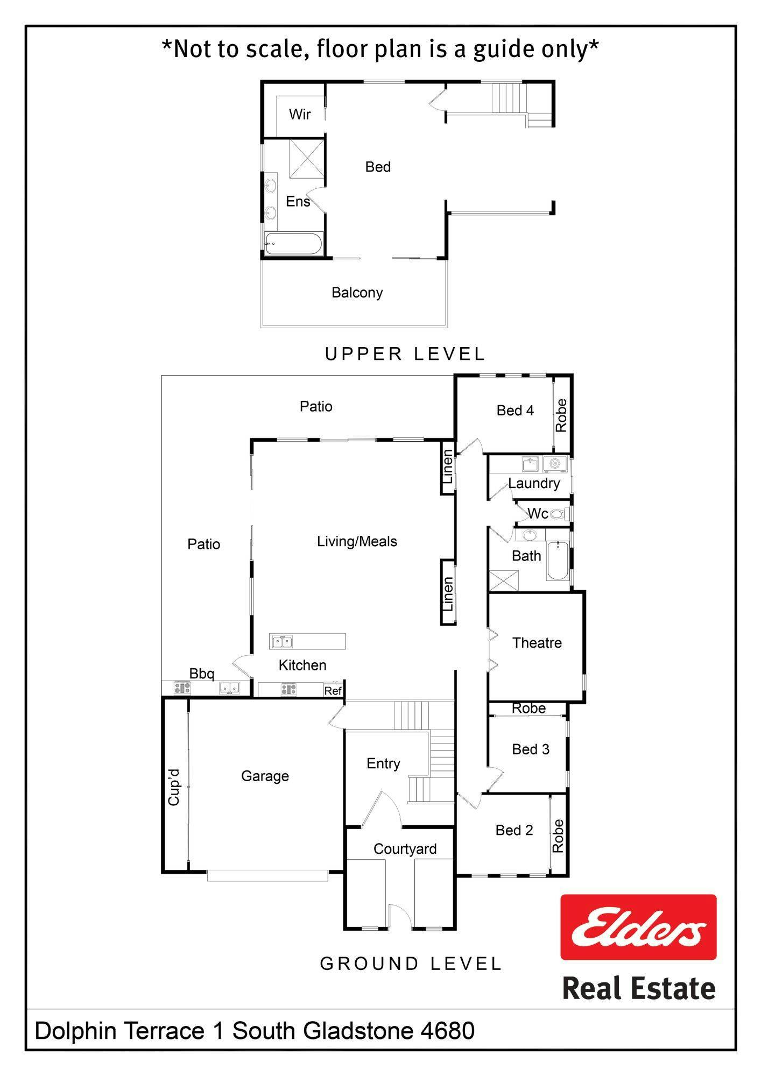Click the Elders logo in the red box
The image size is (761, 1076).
point(638,926)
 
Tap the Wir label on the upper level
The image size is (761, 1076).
point(300,114)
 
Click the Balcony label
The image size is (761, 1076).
point(357,293)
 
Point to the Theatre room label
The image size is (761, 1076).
point(537,642)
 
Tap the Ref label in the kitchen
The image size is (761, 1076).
point(333,691)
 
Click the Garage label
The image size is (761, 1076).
point(265,776)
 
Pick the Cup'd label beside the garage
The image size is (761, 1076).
point(173,787)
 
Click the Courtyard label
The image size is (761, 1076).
point(405,849)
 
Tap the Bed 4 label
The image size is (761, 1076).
point(515,410)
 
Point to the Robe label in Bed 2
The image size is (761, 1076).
point(558,836)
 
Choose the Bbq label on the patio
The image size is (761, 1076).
point(202,674)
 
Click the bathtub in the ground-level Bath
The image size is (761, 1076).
point(557,561)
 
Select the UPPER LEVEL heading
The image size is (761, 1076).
point(405,353)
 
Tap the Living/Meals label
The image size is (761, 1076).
point(357,541)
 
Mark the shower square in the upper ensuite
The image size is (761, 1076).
point(306,158)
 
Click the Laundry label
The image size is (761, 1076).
point(534,483)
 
